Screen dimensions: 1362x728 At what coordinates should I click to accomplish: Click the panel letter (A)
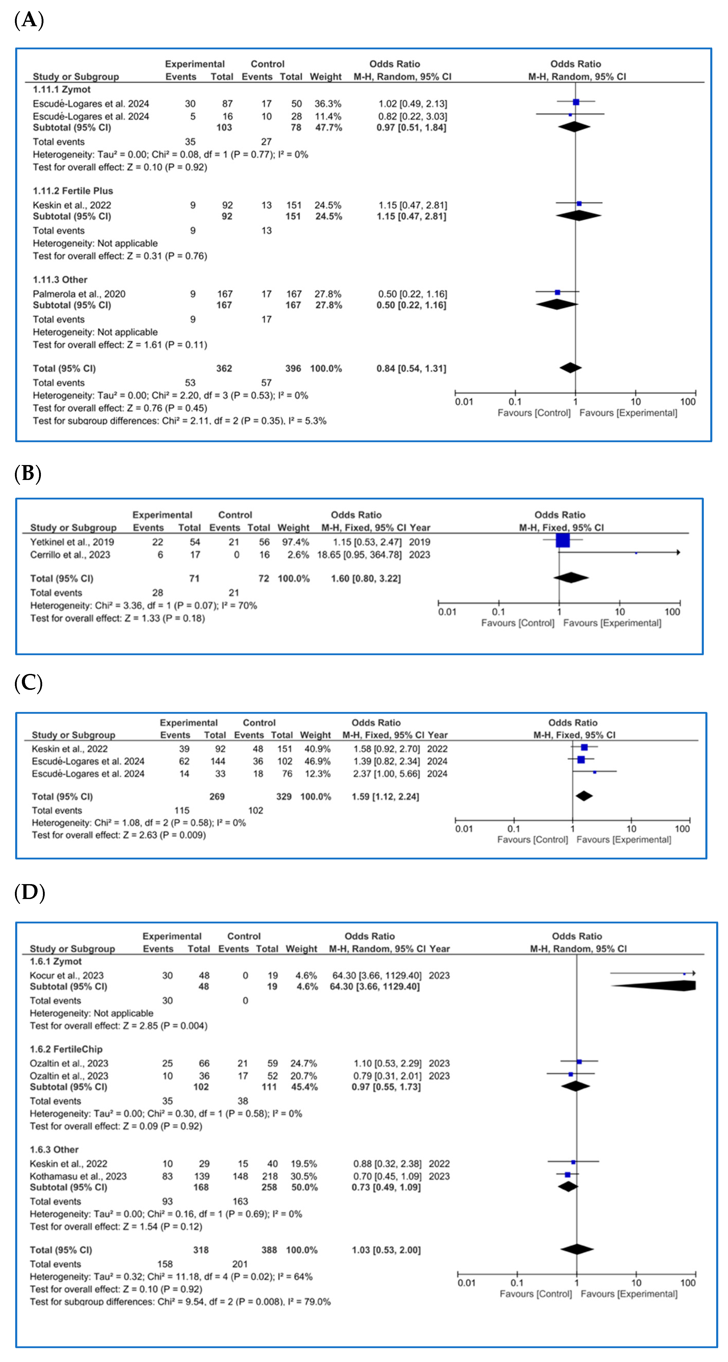click(x=29, y=21)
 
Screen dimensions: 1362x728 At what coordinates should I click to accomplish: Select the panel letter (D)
click(x=30, y=893)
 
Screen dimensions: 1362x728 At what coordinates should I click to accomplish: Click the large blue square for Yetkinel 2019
click(x=562, y=540)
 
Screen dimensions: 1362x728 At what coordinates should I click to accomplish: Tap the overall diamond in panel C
click(x=583, y=796)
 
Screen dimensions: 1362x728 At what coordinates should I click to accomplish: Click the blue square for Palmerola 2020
click(x=557, y=292)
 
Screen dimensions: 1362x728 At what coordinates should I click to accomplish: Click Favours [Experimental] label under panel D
click(x=628, y=1294)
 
